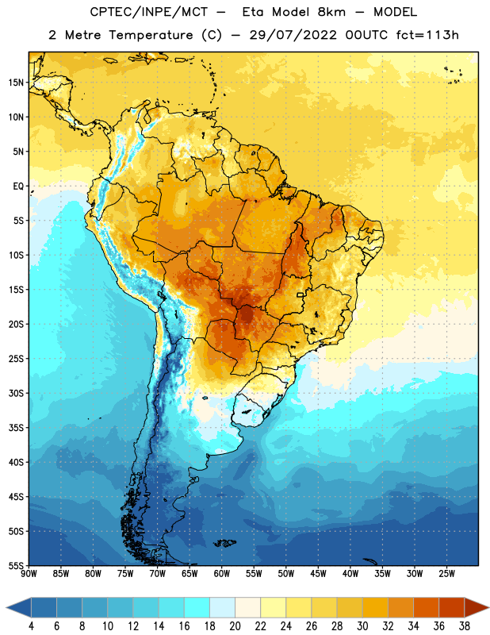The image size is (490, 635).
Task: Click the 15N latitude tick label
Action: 16,83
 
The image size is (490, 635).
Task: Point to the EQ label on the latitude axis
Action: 18,187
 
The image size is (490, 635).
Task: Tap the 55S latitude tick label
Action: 16,565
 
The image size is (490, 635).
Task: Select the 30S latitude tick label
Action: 16,393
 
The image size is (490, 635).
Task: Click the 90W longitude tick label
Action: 29,574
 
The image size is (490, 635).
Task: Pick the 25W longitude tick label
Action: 446,574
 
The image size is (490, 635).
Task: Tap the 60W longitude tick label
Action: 222,574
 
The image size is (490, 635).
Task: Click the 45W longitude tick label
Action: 319,574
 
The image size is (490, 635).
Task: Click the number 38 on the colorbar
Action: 465,626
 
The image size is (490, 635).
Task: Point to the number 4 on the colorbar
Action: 31,626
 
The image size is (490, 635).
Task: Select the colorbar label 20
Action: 235,626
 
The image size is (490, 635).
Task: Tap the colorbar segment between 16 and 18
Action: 197,608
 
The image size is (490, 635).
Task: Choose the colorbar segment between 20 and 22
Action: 247,608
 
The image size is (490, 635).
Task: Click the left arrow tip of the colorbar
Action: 6,608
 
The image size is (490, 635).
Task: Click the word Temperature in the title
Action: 151,35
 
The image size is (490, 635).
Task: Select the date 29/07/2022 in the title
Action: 293,35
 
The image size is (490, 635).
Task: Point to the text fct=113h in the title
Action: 427,35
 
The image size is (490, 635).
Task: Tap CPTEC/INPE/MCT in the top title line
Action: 148,12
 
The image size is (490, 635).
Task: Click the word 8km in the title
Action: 331,12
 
